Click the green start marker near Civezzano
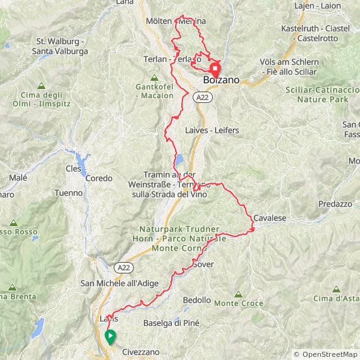click(111, 337)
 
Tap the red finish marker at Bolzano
click(215, 69)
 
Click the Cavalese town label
click(270, 218)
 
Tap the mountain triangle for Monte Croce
click(238, 294)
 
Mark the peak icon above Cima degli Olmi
click(41, 85)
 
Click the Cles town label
click(74, 169)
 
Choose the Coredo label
click(99, 178)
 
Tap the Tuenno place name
click(68, 193)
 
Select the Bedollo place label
click(196, 300)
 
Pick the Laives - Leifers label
click(212, 130)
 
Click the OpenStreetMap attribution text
click(325, 354)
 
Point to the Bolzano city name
click(221, 81)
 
